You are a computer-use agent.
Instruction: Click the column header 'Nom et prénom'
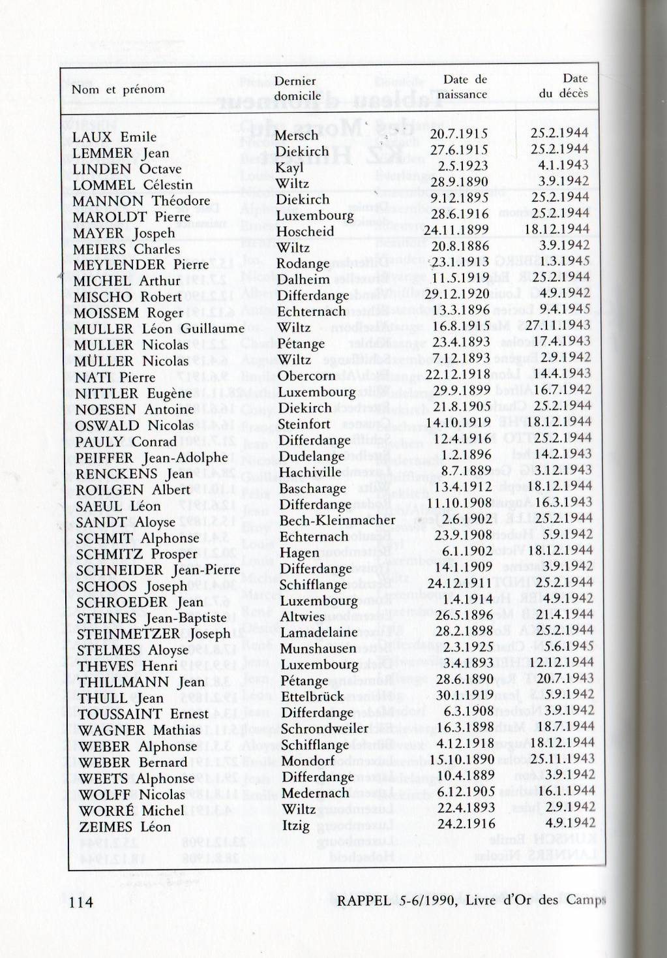pos(118,89)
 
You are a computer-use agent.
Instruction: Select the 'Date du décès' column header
pos(564,86)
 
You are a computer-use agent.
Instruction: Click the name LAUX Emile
pos(114,137)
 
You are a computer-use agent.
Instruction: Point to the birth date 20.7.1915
pos(459,134)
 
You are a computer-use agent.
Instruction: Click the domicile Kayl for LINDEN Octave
pos(289,168)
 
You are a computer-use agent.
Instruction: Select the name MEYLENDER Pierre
pos(141,265)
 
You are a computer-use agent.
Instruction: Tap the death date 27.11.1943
pos(558,325)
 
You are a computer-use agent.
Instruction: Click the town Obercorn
pos(306,376)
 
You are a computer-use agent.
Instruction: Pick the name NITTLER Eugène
pos(133,394)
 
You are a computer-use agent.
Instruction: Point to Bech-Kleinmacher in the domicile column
pos(337,520)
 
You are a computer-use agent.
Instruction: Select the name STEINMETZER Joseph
pos(153,634)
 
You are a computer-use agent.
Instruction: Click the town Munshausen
pos(318,649)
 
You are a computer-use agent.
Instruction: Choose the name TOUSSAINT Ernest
pos(143,714)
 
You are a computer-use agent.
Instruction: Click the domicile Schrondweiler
pos(324,728)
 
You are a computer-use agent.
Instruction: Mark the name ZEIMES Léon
pos(125,827)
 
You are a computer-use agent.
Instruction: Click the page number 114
pos(81,902)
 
